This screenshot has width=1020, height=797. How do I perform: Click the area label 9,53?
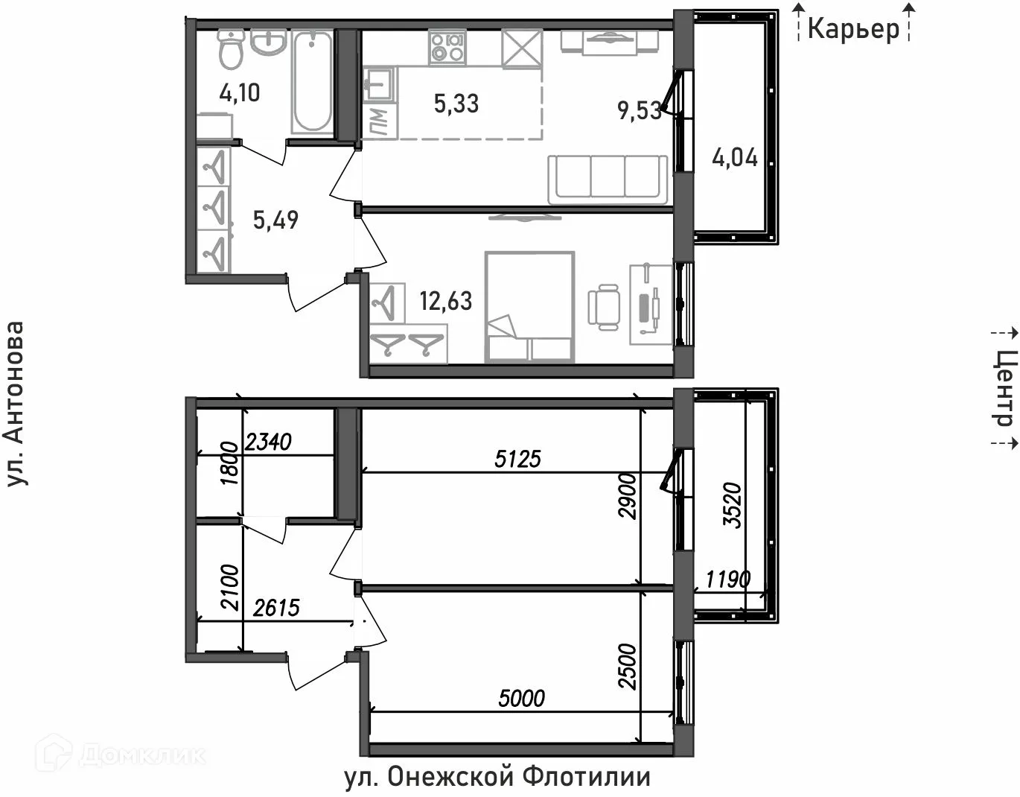pos(639,110)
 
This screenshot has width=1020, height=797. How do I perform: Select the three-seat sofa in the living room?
pos(608,179)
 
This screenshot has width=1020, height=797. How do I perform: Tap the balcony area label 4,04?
pos(735,158)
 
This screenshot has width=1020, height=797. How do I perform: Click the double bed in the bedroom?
pos(529,307)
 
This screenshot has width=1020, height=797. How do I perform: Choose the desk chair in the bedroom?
pos(603,307)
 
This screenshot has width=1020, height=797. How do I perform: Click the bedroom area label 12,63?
pos(445,301)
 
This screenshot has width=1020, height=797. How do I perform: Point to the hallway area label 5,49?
pos(275,220)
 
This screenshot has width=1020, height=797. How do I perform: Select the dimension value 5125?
pos(517,458)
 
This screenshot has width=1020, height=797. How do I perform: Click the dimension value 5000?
pos(521,698)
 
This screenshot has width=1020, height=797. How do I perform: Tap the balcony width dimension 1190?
pos(727,579)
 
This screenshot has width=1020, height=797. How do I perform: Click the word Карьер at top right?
pos(853,28)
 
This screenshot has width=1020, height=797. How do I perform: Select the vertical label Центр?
pos(1004,388)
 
